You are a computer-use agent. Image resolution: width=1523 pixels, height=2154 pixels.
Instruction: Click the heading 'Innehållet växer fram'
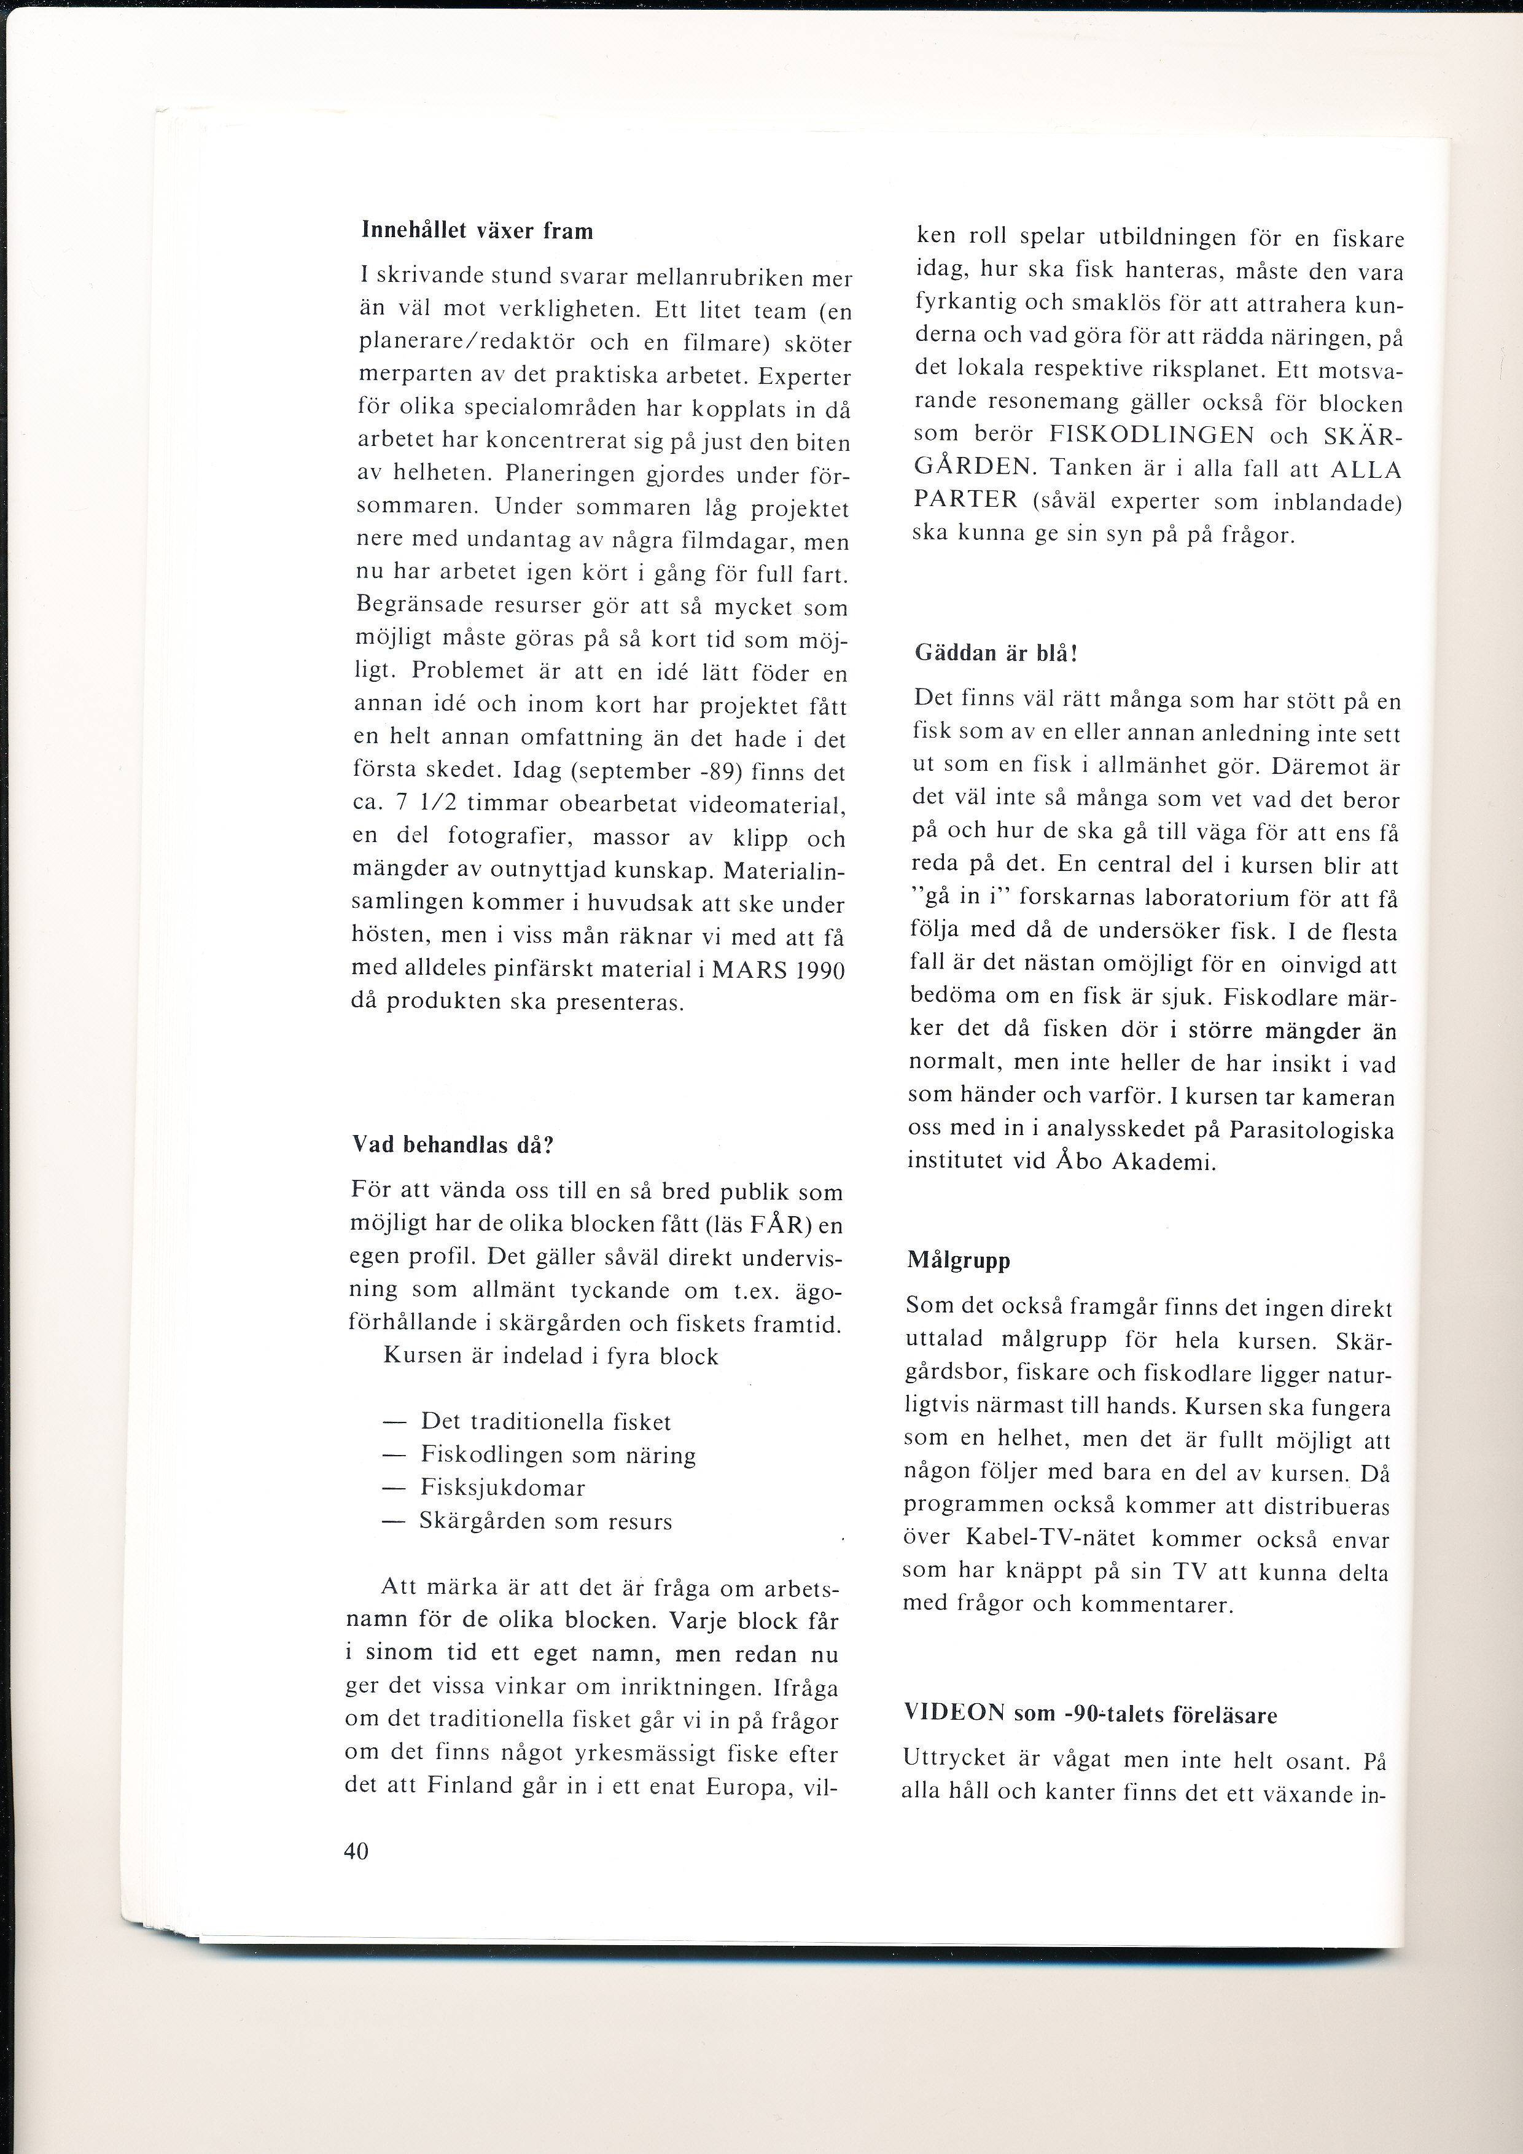(477, 231)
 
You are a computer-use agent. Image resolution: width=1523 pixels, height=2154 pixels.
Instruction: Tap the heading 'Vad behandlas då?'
(453, 1145)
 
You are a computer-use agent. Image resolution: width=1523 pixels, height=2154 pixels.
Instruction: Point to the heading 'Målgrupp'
(959, 1260)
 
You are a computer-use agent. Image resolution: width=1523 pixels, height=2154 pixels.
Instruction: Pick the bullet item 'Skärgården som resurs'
(546, 1521)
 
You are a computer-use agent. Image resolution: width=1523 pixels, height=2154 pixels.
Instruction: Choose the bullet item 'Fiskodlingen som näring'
(558, 1455)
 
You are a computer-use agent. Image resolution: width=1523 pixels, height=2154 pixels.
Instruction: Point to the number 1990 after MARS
(820, 970)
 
